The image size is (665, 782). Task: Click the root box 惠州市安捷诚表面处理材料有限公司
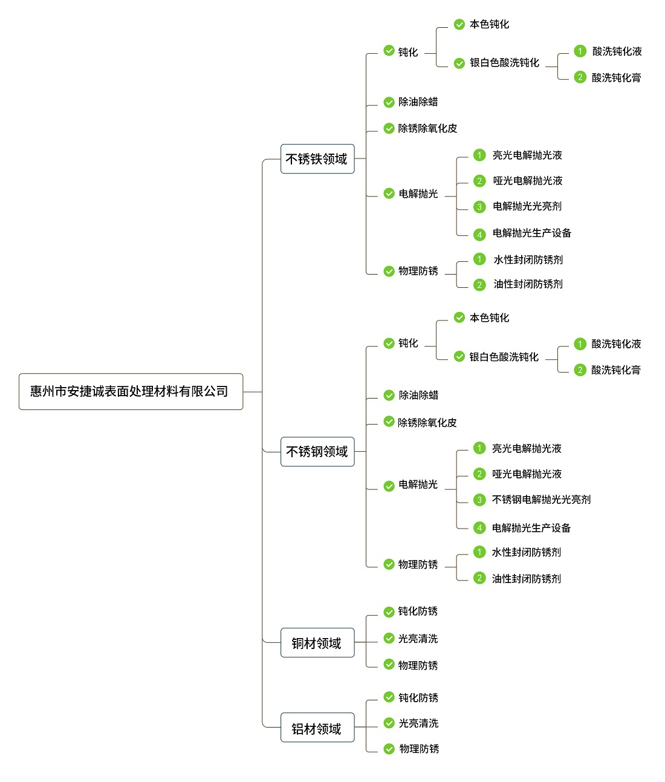point(131,391)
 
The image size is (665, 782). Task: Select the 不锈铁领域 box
point(317,159)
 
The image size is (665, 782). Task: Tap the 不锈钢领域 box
point(317,452)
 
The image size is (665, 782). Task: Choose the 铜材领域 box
point(317,643)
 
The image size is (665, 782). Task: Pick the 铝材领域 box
point(317,728)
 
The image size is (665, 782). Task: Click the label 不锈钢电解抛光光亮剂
point(541,500)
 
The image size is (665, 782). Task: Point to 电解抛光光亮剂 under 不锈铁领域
point(527,206)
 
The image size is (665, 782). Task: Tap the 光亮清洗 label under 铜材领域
point(418,639)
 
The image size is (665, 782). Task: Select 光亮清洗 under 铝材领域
point(419,723)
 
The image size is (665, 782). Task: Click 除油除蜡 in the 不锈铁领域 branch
point(418,102)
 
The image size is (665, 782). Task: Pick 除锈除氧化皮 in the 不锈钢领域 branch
point(427,423)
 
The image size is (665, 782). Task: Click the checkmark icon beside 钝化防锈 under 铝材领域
point(389,697)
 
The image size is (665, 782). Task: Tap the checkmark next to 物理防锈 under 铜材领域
point(389,664)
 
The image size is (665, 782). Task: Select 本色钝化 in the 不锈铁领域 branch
point(490,25)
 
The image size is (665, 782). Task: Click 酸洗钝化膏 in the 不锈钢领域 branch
point(616,370)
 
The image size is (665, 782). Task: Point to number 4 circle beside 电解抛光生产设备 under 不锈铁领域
point(479,235)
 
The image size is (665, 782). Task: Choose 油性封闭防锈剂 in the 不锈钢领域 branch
point(527,579)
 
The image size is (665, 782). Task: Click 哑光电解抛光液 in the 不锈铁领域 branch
point(528,181)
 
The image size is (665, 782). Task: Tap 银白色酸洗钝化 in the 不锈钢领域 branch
point(504,357)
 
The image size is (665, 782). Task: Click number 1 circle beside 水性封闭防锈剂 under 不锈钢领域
point(479,552)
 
